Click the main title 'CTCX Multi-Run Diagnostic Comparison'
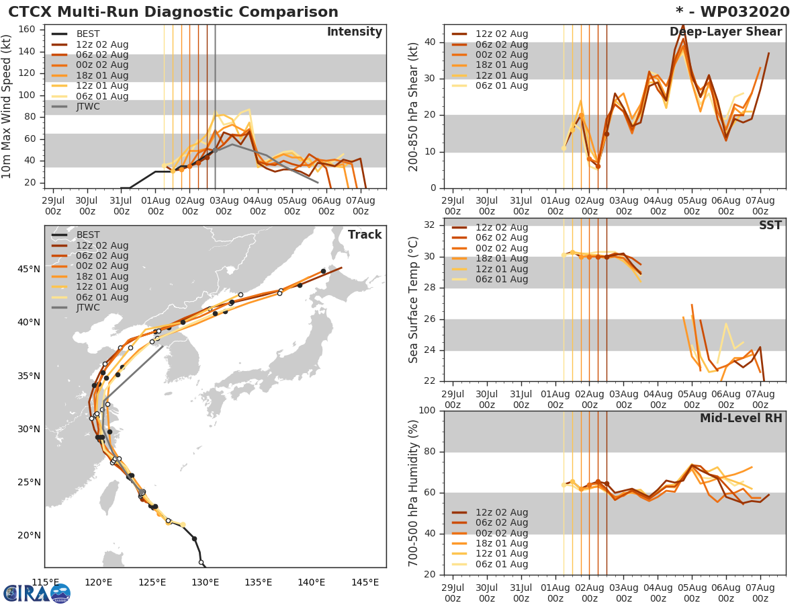pyautogui.click(x=173, y=12)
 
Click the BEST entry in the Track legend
pyautogui.click(x=88, y=235)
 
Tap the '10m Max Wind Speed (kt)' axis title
pyautogui.click(x=7, y=107)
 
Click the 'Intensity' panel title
pyautogui.click(x=354, y=32)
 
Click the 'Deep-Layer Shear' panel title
pyautogui.click(x=725, y=32)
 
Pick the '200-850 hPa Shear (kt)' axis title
pyautogui.click(x=414, y=107)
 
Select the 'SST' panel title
pyautogui.click(x=770, y=225)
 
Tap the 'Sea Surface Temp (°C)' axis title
pyautogui.click(x=414, y=300)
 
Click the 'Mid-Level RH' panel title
pyautogui.click(x=741, y=419)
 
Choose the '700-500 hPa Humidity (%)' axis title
pyautogui.click(x=414, y=493)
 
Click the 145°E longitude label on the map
pyautogui.click(x=365, y=582)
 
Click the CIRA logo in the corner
pyautogui.click(x=37, y=593)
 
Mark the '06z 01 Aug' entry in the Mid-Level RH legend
pyautogui.click(x=501, y=564)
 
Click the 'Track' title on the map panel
pyautogui.click(x=364, y=235)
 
